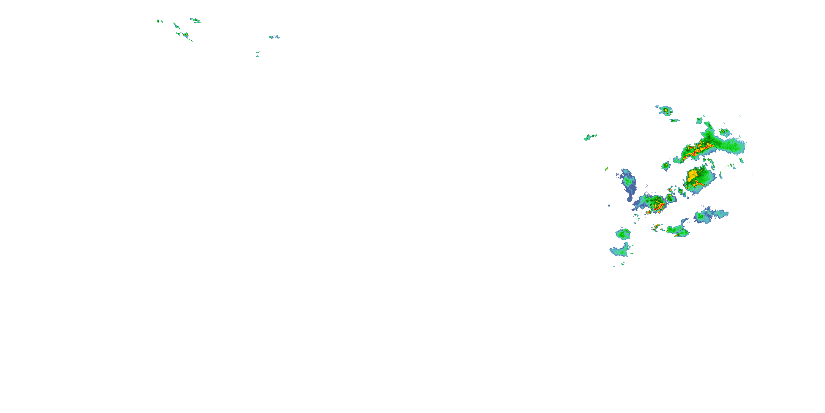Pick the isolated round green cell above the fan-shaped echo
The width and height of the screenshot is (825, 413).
coord(623,234)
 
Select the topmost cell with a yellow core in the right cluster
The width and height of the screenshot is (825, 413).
coord(666,111)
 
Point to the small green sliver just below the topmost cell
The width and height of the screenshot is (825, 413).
coord(674,121)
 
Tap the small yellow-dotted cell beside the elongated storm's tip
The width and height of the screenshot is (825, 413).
coord(666,165)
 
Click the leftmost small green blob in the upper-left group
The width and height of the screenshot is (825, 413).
coord(158,21)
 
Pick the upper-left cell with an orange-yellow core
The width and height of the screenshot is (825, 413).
coord(185,34)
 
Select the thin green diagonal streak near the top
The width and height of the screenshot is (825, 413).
coord(258,52)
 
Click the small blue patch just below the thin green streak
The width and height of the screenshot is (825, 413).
coord(257,57)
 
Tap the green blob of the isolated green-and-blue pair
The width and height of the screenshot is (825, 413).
coord(271,37)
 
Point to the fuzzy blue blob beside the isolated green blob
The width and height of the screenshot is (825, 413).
coord(277,37)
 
